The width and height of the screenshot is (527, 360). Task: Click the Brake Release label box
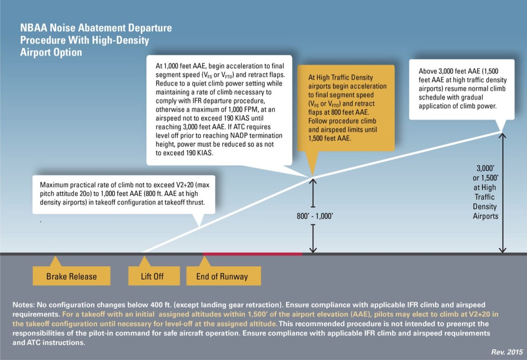pyautogui.click(x=72, y=277)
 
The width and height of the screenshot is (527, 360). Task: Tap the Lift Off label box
pyautogui.click(x=152, y=277)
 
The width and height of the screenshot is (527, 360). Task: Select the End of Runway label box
pyautogui.click(x=222, y=277)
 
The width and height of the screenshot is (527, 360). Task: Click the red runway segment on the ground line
pyautogui.click(x=253, y=254)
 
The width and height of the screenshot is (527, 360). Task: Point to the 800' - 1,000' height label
pyautogui.click(x=313, y=216)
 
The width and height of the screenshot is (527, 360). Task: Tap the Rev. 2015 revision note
pyautogui.click(x=508, y=352)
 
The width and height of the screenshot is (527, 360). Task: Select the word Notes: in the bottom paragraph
pyautogui.click(x=24, y=304)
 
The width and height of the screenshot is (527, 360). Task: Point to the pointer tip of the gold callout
pyautogui.click(x=312, y=176)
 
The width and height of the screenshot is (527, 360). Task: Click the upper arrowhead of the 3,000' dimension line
pyautogui.click(x=502, y=135)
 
